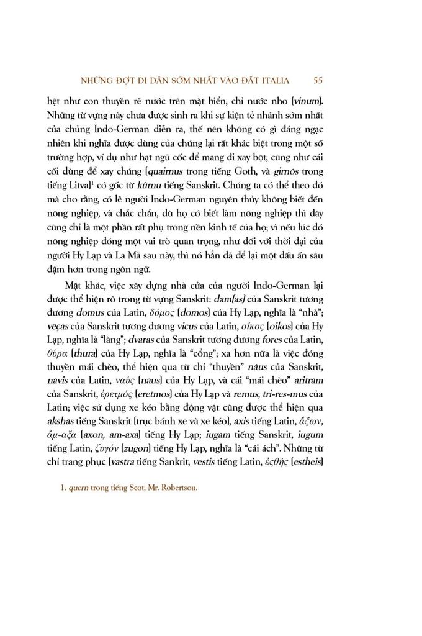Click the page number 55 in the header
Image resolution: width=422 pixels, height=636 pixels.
click(x=318, y=79)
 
